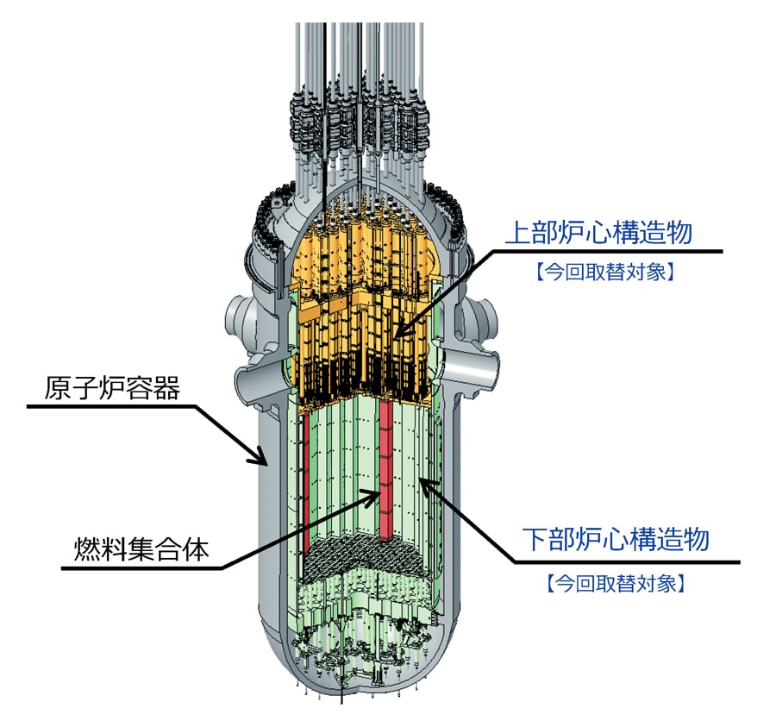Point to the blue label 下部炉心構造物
[616, 540]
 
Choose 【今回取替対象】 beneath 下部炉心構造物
[616, 584]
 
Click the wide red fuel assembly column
[385, 466]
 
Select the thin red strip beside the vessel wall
[305, 483]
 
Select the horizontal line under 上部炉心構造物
[604, 251]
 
